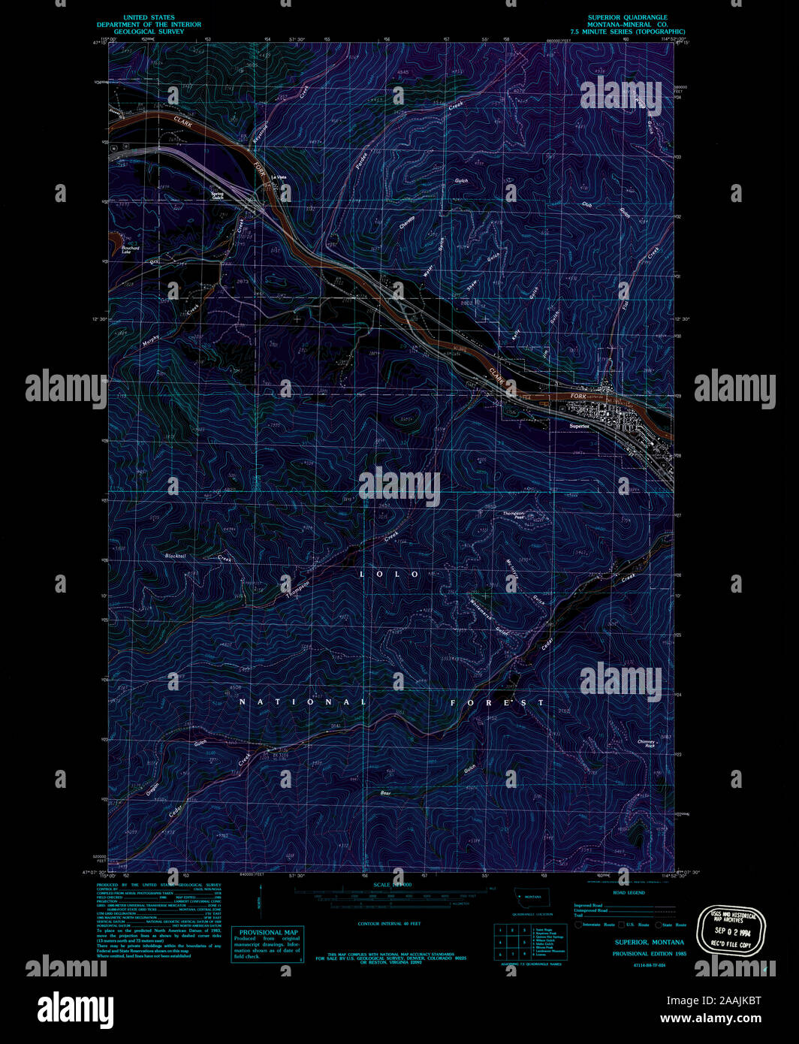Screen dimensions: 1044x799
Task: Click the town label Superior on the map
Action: pyautogui.click(x=579, y=426)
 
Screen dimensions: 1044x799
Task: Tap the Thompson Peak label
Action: pyautogui.click(x=514, y=514)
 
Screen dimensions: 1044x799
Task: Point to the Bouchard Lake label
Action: pyautogui.click(x=131, y=249)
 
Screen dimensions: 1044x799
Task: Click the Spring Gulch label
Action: pyautogui.click(x=217, y=195)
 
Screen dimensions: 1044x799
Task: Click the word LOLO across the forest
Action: pyautogui.click(x=389, y=574)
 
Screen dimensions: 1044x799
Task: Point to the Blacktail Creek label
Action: pyautogui.click(x=176, y=556)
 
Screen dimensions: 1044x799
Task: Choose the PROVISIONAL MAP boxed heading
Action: pyautogui.click(x=268, y=932)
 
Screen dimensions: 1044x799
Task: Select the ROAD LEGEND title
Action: pyautogui.click(x=628, y=892)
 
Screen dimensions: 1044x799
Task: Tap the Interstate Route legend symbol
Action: pyautogui.click(x=579, y=925)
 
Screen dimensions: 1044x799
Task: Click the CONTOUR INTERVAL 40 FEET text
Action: pyautogui.click(x=389, y=923)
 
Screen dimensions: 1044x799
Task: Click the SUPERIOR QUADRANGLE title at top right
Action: pyautogui.click(x=627, y=17)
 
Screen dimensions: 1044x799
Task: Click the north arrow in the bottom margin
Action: pyautogui.click(x=260, y=900)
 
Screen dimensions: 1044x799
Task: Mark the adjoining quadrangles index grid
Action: pyautogui.click(x=509, y=940)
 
